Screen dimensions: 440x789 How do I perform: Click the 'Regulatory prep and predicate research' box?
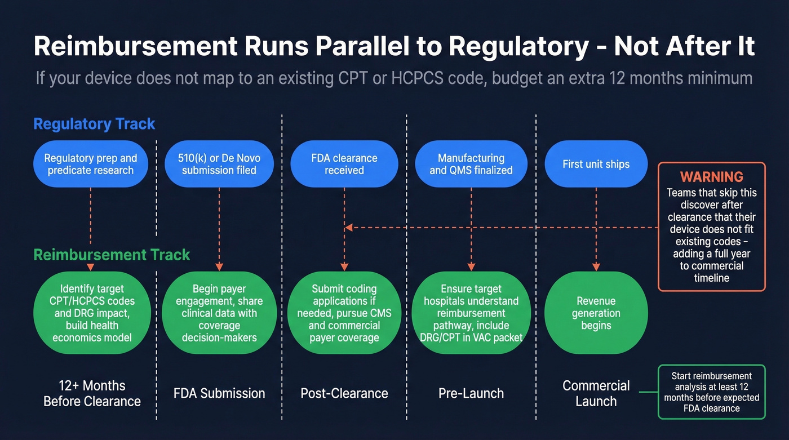click(x=90, y=164)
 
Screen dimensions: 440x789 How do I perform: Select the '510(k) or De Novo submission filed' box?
click(x=219, y=164)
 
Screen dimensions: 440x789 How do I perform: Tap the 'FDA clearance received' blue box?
click(x=344, y=164)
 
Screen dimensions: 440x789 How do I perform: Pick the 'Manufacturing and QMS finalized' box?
click(x=471, y=164)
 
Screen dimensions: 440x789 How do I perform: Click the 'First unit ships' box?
click(x=596, y=164)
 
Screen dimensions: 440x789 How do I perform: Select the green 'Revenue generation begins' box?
click(x=596, y=313)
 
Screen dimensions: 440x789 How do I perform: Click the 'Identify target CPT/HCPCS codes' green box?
click(x=92, y=313)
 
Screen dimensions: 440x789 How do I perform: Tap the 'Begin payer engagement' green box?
click(x=219, y=313)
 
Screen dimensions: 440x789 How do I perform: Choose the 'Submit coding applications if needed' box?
click(x=344, y=313)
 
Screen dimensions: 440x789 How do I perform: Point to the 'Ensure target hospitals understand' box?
click(x=471, y=313)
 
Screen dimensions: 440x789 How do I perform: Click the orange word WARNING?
click(x=711, y=177)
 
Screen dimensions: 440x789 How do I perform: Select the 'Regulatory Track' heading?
click(x=94, y=124)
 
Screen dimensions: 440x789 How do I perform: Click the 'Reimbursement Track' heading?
click(x=112, y=255)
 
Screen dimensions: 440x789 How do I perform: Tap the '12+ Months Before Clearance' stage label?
click(x=92, y=393)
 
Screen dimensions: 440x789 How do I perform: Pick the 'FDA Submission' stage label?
click(x=219, y=393)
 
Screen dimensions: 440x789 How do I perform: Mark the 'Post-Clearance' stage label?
click(x=344, y=393)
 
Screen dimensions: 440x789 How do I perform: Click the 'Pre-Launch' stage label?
click(x=471, y=393)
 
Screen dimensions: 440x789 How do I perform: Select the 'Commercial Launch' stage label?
click(x=596, y=393)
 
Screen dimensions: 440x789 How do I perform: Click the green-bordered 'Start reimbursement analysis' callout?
click(x=711, y=392)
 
